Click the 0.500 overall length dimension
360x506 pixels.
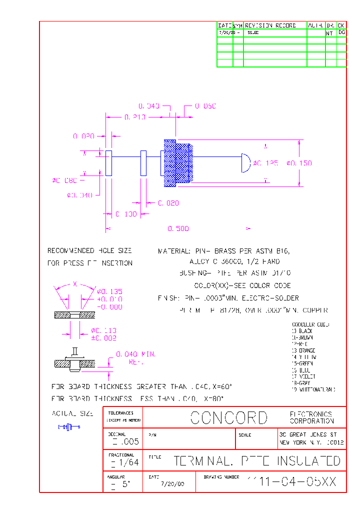[178, 228]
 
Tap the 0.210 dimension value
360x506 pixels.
[134, 117]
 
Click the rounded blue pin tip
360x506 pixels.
[246, 163]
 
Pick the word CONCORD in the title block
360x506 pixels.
[229, 418]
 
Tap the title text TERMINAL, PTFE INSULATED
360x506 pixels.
[257, 461]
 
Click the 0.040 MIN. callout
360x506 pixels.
[135, 354]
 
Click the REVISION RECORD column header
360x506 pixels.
[270, 25]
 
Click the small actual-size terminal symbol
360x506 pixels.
[69, 426]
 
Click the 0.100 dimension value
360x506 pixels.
[126, 214]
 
